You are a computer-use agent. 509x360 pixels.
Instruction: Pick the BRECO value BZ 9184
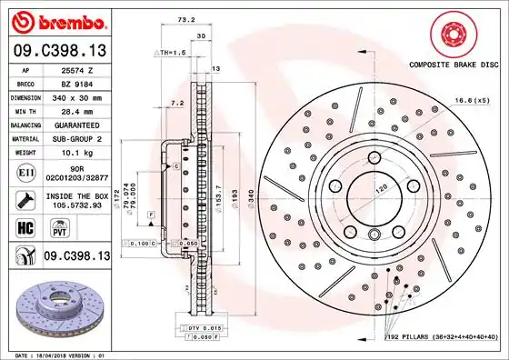point(73,82)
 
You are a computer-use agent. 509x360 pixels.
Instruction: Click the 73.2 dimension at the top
point(185,19)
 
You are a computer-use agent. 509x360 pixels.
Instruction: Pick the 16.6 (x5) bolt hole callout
point(474,100)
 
